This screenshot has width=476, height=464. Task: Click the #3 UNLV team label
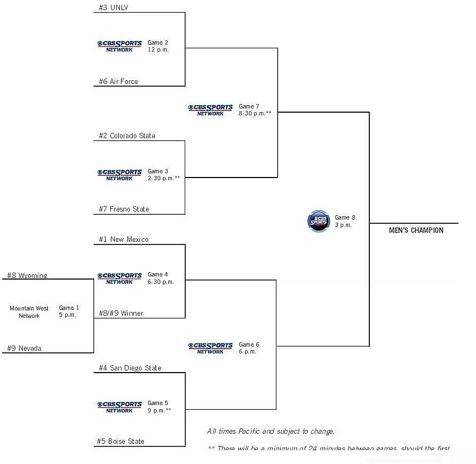(x=114, y=7)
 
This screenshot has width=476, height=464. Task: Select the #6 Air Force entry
(x=118, y=81)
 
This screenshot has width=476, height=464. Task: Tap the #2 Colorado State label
(x=127, y=136)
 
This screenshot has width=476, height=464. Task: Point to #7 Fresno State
(x=124, y=209)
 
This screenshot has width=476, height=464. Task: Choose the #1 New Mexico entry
(x=124, y=239)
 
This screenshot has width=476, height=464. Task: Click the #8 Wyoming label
(x=27, y=275)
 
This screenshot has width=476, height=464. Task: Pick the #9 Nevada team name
(x=24, y=348)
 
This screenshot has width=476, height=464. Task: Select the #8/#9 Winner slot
(x=121, y=313)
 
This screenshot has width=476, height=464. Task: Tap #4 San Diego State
(x=130, y=368)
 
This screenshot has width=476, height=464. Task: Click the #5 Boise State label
(x=121, y=441)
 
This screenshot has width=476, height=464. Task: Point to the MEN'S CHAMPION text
(x=416, y=230)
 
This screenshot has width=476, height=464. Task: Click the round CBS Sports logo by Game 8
(x=318, y=221)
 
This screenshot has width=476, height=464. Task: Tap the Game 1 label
(x=69, y=308)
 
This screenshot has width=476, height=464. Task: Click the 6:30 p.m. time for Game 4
(x=161, y=282)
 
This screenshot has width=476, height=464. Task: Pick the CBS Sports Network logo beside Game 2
(x=119, y=46)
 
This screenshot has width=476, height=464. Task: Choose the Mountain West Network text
(x=29, y=312)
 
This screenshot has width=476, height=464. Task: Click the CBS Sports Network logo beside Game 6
(x=210, y=348)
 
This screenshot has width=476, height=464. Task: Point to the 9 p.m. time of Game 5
(x=159, y=410)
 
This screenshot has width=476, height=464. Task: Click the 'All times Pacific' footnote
(x=271, y=431)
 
